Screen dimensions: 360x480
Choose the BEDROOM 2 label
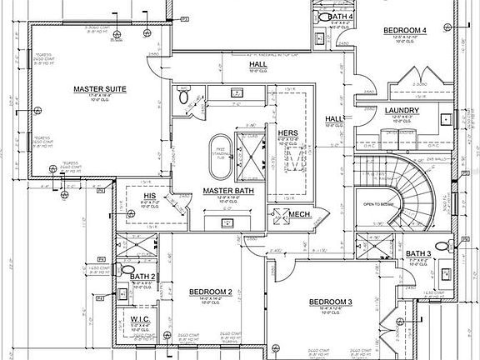210,292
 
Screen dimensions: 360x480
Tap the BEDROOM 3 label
331,301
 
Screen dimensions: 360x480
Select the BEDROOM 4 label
404,31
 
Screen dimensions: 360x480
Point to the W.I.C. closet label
139,317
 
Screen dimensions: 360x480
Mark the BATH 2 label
142,276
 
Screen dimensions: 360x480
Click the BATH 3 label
418,253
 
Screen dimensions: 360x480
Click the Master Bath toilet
184,97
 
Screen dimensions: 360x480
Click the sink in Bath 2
122,292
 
